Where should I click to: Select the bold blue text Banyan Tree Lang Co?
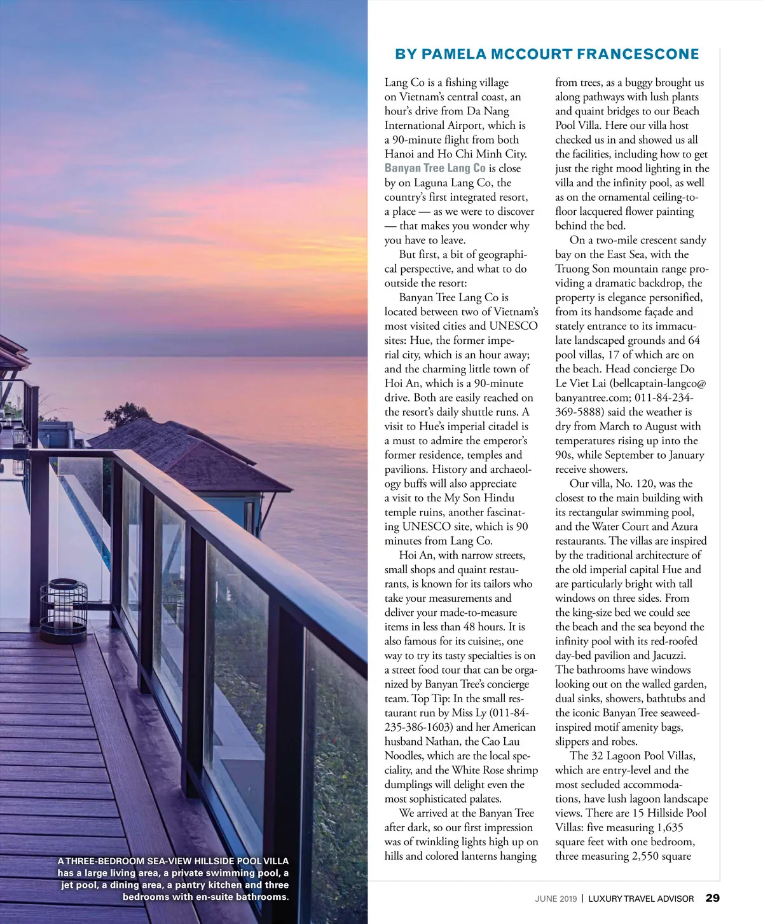coord(435,168)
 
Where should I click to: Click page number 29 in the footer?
coord(713,898)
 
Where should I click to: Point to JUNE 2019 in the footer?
coord(556,899)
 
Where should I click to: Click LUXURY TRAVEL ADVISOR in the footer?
coord(641,899)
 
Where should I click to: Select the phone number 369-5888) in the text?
coord(582,412)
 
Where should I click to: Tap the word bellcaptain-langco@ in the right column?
coord(659,383)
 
